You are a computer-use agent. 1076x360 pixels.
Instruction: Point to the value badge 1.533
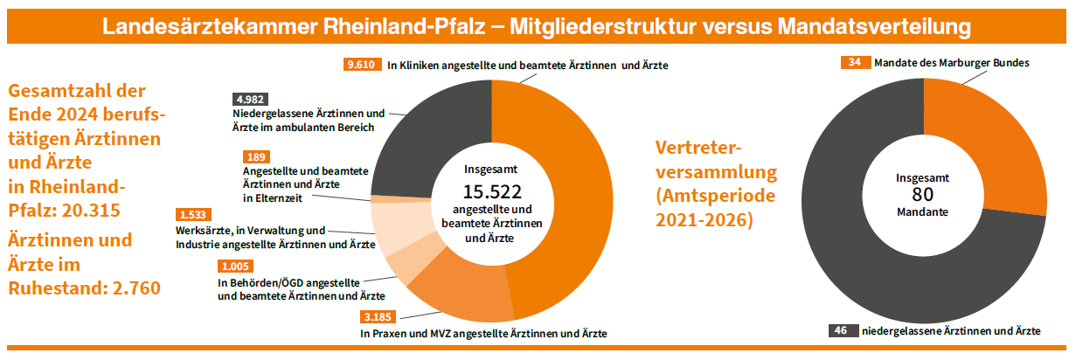pos(193,215)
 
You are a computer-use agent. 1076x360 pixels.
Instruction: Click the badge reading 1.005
pos(236,267)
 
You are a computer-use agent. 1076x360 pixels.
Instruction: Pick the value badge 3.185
pos(378,316)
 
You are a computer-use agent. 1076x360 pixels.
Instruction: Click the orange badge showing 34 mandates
pos(854,62)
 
